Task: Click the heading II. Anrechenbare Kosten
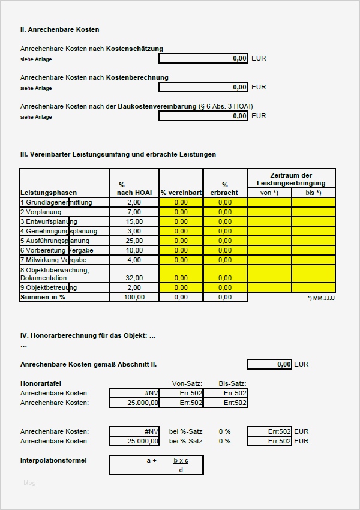59,29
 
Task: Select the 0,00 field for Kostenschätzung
203,58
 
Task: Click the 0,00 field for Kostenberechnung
203,87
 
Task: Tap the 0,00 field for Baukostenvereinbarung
203,116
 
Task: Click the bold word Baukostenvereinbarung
158,106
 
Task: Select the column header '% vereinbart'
181,193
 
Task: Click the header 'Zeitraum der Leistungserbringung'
291,178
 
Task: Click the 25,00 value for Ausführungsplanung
134,241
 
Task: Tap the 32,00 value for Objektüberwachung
134,278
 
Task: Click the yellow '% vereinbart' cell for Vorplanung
181,212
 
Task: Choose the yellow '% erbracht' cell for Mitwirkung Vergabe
225,260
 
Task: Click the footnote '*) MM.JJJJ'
321,298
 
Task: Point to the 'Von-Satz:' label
187,383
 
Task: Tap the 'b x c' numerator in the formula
181,460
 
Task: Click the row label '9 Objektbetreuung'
49,287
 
